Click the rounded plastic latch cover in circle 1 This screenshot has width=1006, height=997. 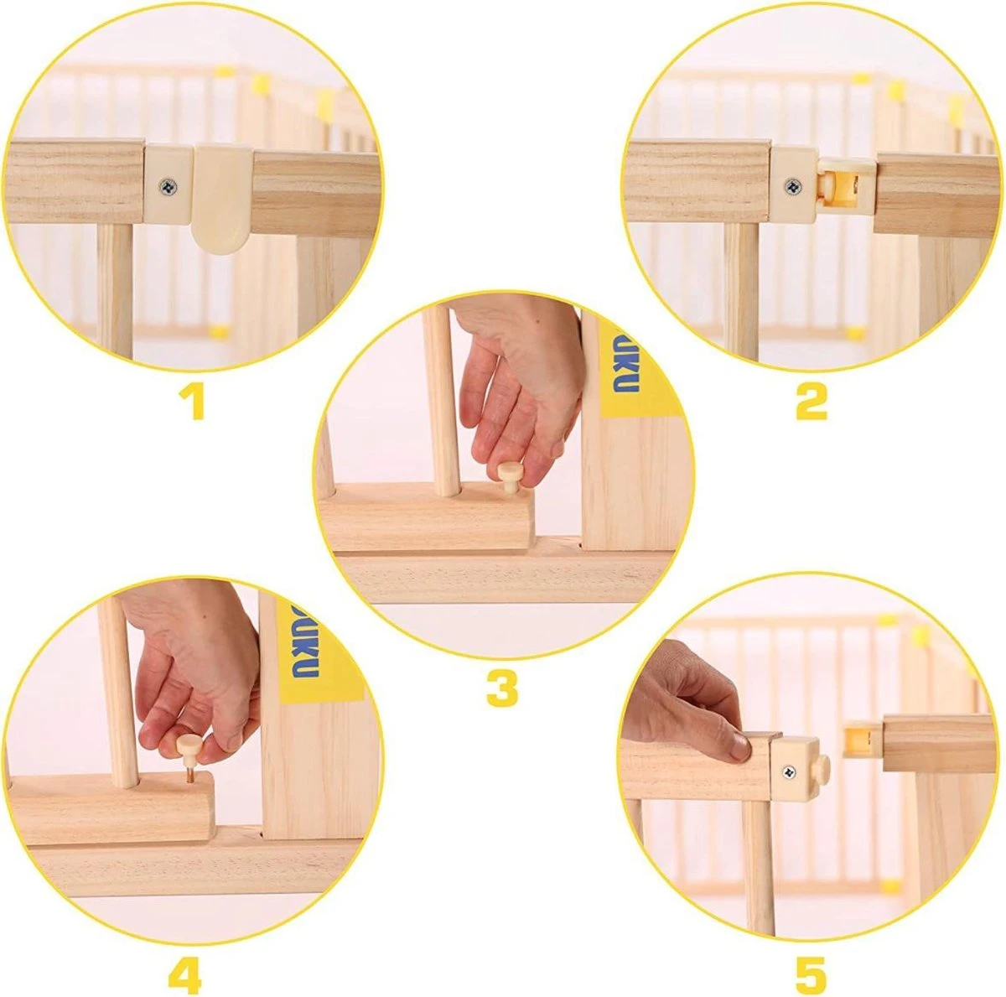coord(221,197)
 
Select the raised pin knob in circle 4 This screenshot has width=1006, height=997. coord(189,745)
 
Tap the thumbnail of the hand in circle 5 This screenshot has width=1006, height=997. coord(738,745)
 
